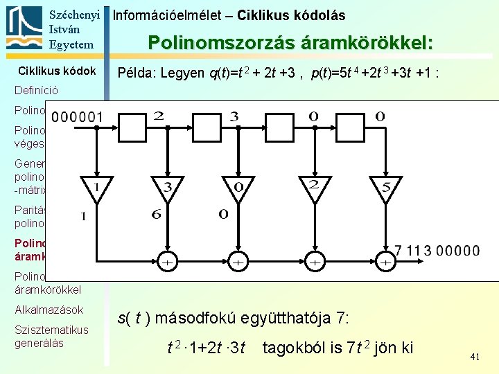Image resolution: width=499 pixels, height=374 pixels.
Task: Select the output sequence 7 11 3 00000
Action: click(x=437, y=251)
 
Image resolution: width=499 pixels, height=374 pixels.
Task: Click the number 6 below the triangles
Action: click(x=157, y=215)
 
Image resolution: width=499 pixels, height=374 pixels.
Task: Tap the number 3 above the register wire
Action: click(x=234, y=117)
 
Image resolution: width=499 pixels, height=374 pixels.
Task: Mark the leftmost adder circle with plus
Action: click(x=166, y=262)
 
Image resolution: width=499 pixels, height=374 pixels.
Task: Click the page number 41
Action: click(x=475, y=357)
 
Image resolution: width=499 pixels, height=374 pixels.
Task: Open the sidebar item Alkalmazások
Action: click(x=49, y=310)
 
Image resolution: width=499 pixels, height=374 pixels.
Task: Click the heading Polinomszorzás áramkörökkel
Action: click(x=290, y=43)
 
